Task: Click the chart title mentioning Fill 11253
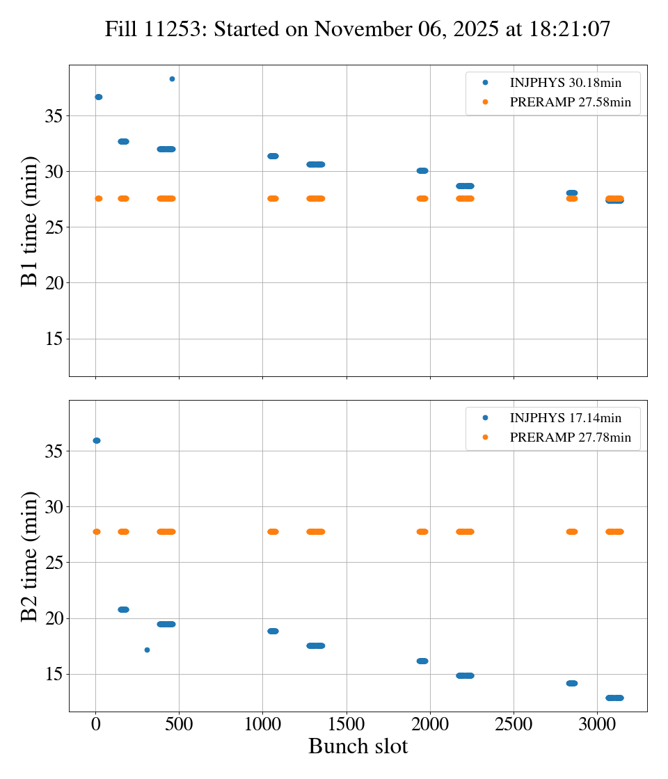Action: [358, 29]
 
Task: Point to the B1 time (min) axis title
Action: [29, 220]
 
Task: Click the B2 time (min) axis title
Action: [29, 556]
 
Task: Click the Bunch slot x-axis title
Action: [358, 746]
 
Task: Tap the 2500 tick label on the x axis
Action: [514, 726]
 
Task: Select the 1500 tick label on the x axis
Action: [347, 726]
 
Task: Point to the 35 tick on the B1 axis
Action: [54, 115]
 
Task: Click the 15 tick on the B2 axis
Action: [54, 674]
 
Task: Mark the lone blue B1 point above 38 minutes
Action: [172, 79]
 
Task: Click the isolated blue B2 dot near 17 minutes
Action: [147, 650]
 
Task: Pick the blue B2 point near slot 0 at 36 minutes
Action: [96, 440]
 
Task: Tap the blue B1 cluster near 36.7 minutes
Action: [98, 97]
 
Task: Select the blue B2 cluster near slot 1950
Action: [422, 661]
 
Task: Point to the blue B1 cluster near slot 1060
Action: [273, 156]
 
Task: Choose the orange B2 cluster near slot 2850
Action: [572, 531]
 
